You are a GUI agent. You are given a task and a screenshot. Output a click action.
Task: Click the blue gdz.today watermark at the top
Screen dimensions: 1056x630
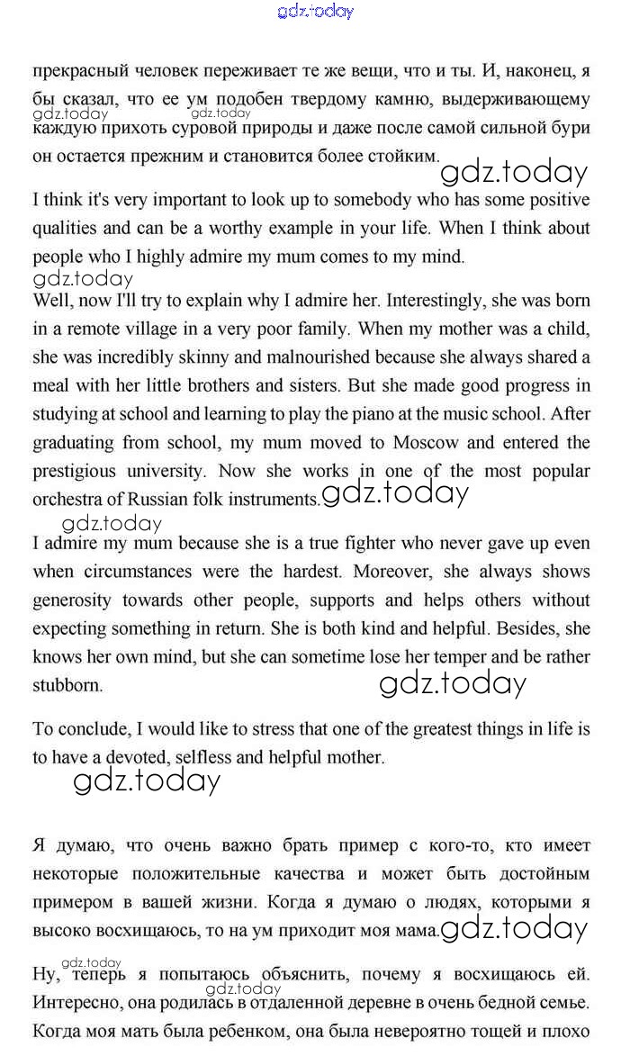click(x=316, y=11)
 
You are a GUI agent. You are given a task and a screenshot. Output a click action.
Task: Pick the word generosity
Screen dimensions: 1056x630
click(x=72, y=600)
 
